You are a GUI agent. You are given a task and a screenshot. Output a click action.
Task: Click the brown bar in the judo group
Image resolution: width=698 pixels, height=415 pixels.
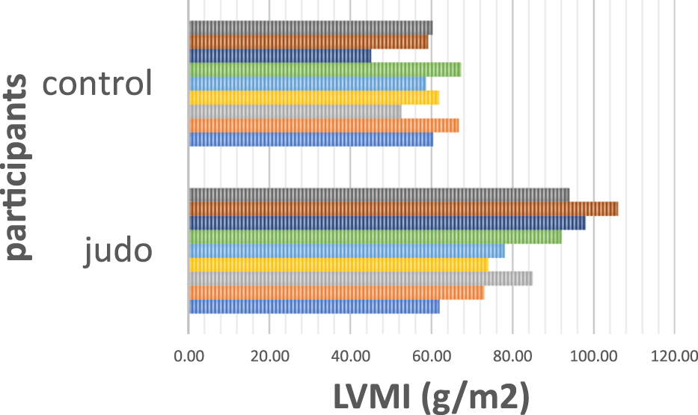coord(403,209)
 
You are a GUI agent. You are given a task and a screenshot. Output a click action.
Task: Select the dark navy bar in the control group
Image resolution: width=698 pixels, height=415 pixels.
coord(280,55)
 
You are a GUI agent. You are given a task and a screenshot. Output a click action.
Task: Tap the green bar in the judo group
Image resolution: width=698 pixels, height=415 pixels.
coord(375,237)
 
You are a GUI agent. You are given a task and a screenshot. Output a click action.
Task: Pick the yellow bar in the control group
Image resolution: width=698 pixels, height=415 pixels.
coord(314,97)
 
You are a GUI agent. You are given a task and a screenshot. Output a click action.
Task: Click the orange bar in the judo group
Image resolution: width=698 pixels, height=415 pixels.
coord(337,292)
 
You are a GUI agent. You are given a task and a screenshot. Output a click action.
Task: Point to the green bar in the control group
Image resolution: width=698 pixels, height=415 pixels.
coord(325,70)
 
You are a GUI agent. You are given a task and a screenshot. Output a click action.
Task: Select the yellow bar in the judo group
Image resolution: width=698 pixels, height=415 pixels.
coord(338,265)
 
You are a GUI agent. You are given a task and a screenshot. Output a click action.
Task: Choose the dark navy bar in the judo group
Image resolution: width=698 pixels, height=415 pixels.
coord(387,223)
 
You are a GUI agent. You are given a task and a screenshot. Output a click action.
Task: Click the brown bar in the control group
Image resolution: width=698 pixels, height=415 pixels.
coord(309,42)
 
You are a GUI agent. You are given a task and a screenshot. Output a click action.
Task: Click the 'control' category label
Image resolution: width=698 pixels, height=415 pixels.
coord(97,82)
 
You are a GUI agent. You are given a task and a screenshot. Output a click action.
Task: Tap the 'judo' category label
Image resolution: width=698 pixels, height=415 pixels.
coord(118,251)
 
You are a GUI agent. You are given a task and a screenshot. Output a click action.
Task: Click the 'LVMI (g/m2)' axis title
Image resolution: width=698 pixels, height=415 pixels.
coord(432,396)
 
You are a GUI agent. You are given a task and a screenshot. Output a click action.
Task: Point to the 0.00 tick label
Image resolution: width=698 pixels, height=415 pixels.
coord(189,357)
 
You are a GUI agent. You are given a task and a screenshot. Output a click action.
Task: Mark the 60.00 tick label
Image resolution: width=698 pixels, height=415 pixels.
coord(432,357)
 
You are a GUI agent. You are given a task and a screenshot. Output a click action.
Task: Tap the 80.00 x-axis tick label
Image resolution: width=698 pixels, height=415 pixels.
coord(512,357)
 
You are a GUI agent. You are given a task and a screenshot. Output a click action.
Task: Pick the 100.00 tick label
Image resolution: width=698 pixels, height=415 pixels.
coord(593,357)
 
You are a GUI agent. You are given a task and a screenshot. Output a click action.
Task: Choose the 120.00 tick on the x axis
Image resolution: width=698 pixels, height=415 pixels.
coord(674,357)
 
